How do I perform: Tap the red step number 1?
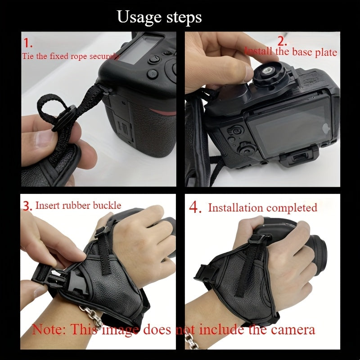tap(28, 43)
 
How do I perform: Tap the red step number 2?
tap(282, 41)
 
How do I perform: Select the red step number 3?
tap(27, 206)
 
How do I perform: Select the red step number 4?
tap(195, 207)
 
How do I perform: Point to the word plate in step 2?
tap(326, 52)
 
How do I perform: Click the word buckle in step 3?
tap(107, 205)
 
